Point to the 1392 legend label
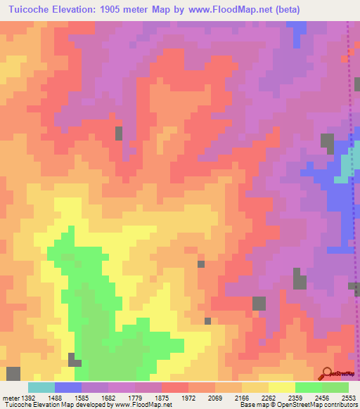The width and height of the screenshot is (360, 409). (22, 398)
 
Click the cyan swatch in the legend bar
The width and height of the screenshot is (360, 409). (41, 387)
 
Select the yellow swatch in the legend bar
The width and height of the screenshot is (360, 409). (281, 387)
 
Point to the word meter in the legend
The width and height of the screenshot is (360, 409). (8, 398)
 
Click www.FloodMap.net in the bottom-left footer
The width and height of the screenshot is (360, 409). (143, 405)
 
